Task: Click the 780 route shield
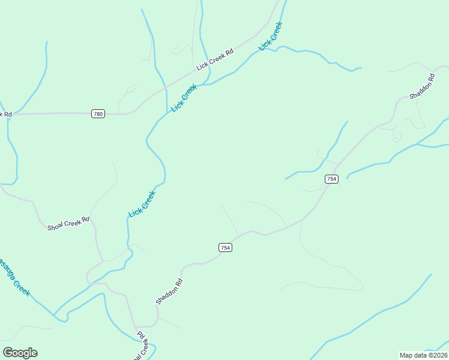pyautogui.click(x=98, y=113)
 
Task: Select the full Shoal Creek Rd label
pyautogui.click(x=68, y=223)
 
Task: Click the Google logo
pyautogui.click(x=20, y=353)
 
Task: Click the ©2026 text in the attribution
pyautogui.click(x=438, y=355)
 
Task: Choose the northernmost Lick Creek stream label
pyautogui.click(x=270, y=36)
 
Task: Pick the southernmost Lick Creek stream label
pyautogui.click(x=142, y=205)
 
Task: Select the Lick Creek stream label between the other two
pyautogui.click(x=184, y=98)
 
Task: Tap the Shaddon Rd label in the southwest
pyautogui.click(x=169, y=291)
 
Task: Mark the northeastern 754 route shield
pyautogui.click(x=331, y=179)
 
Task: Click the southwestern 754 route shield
pyautogui.click(x=224, y=247)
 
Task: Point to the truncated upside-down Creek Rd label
pyautogui.click(x=141, y=344)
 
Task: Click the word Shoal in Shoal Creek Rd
pyautogui.click(x=55, y=226)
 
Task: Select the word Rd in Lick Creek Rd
pyautogui.click(x=230, y=52)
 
